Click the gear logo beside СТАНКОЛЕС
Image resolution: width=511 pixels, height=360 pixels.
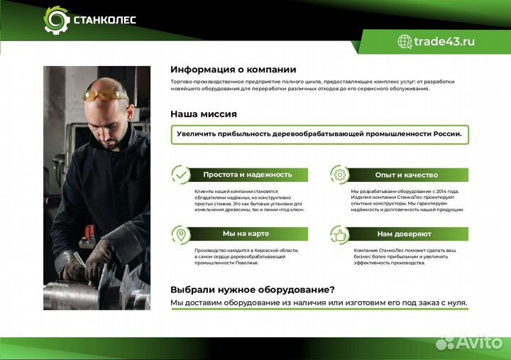56,19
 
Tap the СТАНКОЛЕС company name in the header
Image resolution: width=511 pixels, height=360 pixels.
104,20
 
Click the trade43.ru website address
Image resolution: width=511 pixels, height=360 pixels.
444,41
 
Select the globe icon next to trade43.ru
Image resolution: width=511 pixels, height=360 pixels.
405,41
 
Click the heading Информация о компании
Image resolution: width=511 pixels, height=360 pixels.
233,70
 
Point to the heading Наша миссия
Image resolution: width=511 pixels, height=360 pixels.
203,114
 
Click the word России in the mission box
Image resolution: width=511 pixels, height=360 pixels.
444,133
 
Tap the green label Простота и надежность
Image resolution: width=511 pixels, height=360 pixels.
247,175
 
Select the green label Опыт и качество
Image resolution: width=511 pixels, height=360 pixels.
406,175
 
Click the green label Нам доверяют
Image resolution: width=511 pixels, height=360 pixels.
404,234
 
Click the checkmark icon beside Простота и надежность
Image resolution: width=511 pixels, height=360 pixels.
181,175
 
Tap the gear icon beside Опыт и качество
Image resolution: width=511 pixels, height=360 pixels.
340,175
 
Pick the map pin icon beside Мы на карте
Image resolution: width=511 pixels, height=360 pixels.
181,234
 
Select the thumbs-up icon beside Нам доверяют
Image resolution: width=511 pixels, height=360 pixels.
340,234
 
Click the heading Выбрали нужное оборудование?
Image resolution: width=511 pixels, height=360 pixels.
252,289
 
